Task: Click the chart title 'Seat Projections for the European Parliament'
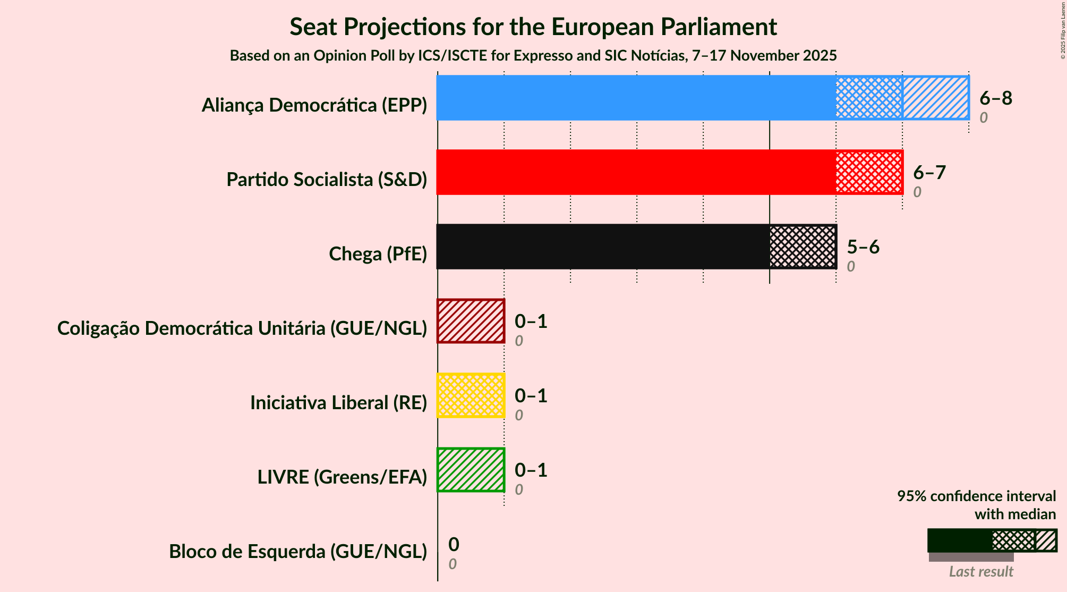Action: click(533, 27)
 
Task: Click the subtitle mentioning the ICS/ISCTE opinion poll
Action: click(533, 56)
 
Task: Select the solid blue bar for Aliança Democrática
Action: click(636, 98)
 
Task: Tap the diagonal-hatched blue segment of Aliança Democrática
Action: click(935, 98)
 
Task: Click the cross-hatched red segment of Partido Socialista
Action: click(869, 172)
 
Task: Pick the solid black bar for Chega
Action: click(603, 247)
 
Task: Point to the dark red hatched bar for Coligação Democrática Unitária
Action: click(471, 321)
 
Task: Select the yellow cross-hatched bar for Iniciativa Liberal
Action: click(471, 395)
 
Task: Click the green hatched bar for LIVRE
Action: click(471, 470)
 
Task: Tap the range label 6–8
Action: click(996, 98)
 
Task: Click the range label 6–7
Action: click(929, 172)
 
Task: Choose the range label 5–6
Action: click(863, 247)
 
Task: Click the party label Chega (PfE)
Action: click(378, 254)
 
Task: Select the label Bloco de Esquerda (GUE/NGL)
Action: click(298, 552)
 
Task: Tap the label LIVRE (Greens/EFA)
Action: click(342, 477)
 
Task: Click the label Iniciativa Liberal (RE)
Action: click(338, 403)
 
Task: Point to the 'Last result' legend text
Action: click(981, 572)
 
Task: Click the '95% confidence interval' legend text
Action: click(976, 496)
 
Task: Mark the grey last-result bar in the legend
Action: click(971, 557)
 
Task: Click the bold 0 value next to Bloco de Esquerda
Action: click(454, 544)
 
